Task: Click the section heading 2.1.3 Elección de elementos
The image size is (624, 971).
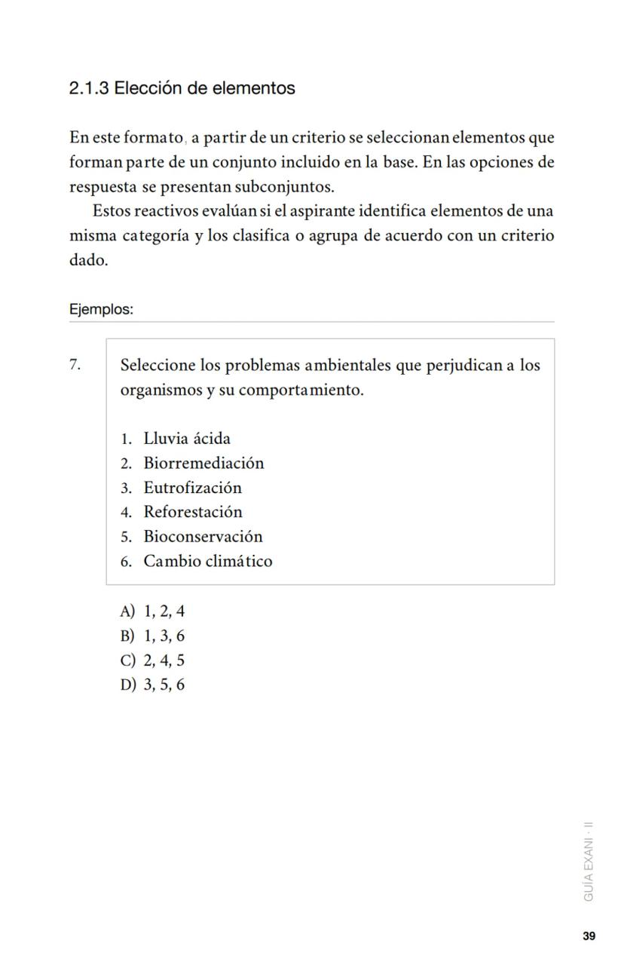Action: point(182,88)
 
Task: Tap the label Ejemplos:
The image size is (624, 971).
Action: point(101,310)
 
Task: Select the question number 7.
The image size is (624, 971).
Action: point(75,366)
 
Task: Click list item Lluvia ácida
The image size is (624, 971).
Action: point(186,439)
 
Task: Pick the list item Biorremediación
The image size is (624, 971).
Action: point(203,463)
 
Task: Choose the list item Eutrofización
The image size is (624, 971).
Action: point(192,488)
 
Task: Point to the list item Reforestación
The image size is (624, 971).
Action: point(193,512)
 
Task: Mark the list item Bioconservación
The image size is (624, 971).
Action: point(203,537)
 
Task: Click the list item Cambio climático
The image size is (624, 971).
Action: point(207,561)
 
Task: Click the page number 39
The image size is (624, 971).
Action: point(589,936)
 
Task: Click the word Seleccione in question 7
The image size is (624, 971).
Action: point(158,366)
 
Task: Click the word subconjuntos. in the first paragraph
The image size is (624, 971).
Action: point(284,187)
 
